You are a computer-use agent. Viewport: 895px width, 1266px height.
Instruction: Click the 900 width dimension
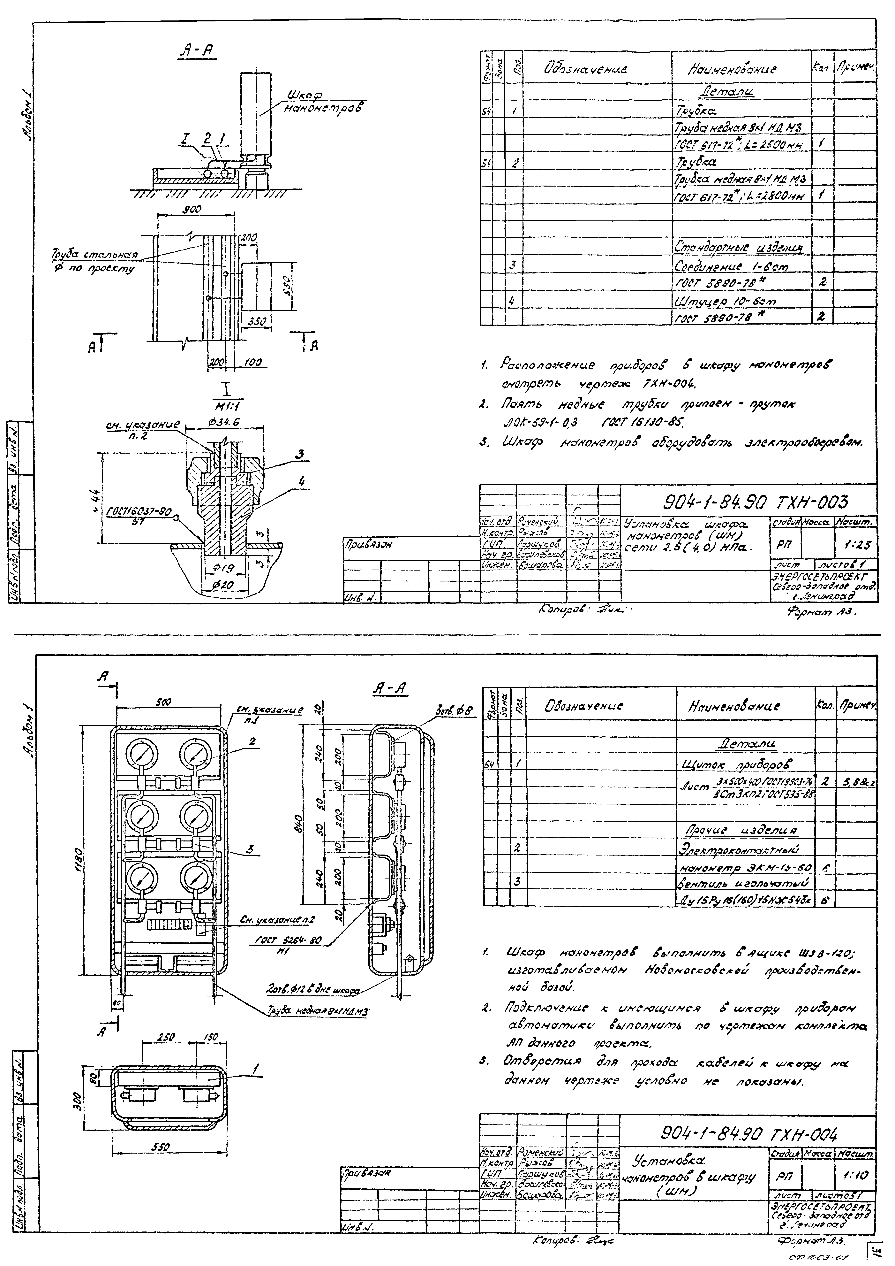192,210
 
